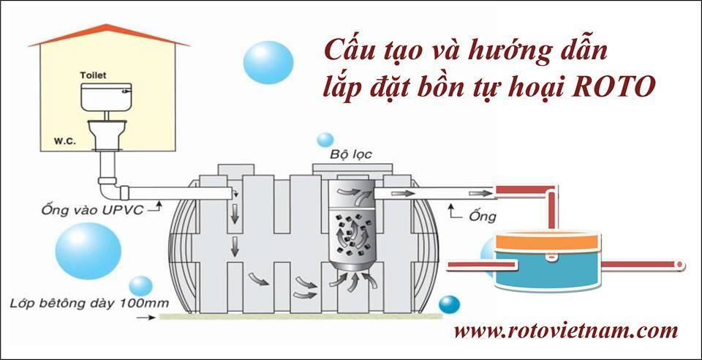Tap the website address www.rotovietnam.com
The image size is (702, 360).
pyautogui.click(x=565, y=332)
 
